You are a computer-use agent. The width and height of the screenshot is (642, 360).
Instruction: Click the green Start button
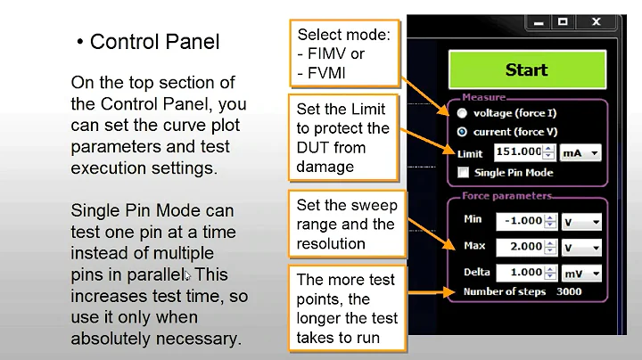pyautogui.click(x=526, y=70)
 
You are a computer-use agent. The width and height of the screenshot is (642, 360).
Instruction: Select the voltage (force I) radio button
pyautogui.click(x=462, y=114)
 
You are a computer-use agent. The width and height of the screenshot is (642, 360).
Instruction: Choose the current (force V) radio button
pyautogui.click(x=462, y=132)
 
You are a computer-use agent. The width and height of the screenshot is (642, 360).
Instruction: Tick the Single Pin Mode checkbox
pyautogui.click(x=463, y=172)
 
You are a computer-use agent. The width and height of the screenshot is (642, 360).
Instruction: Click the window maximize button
pyautogui.click(x=563, y=21)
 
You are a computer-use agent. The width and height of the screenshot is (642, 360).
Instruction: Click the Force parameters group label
pyautogui.click(x=506, y=196)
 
